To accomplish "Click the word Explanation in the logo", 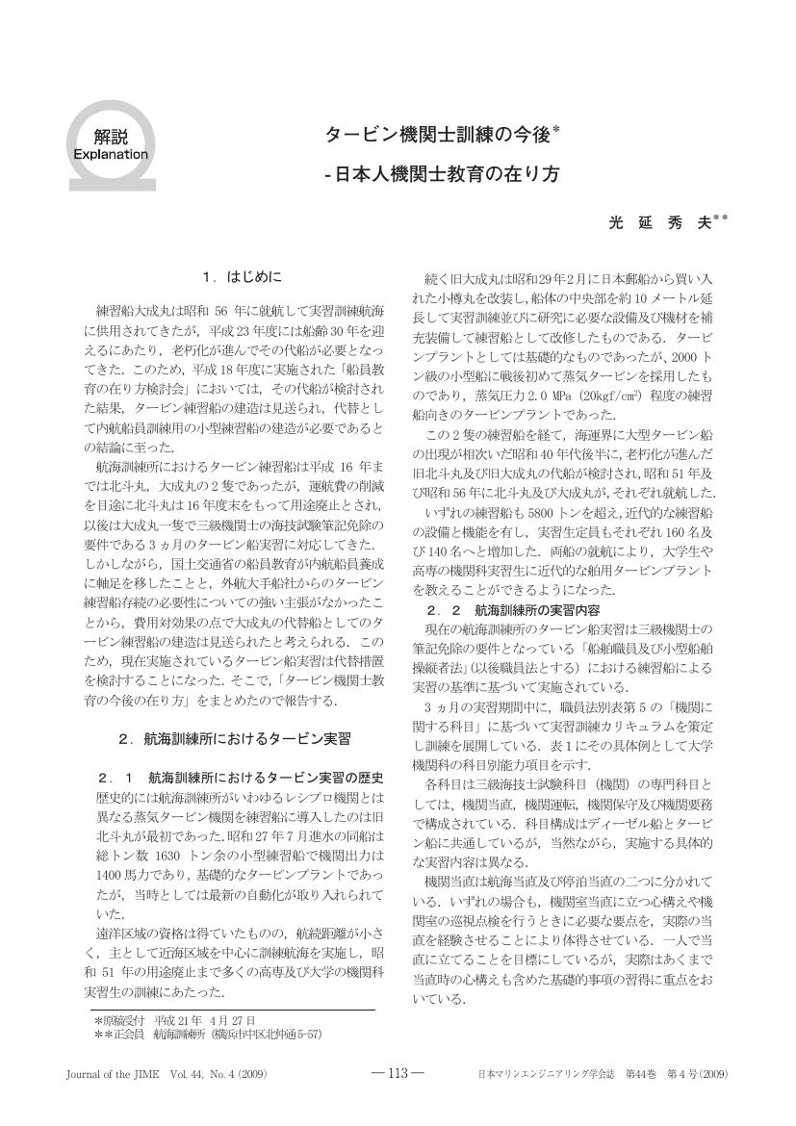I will [x=111, y=154].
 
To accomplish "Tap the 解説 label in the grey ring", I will [x=111, y=137].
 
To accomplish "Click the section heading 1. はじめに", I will [x=242, y=277].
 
